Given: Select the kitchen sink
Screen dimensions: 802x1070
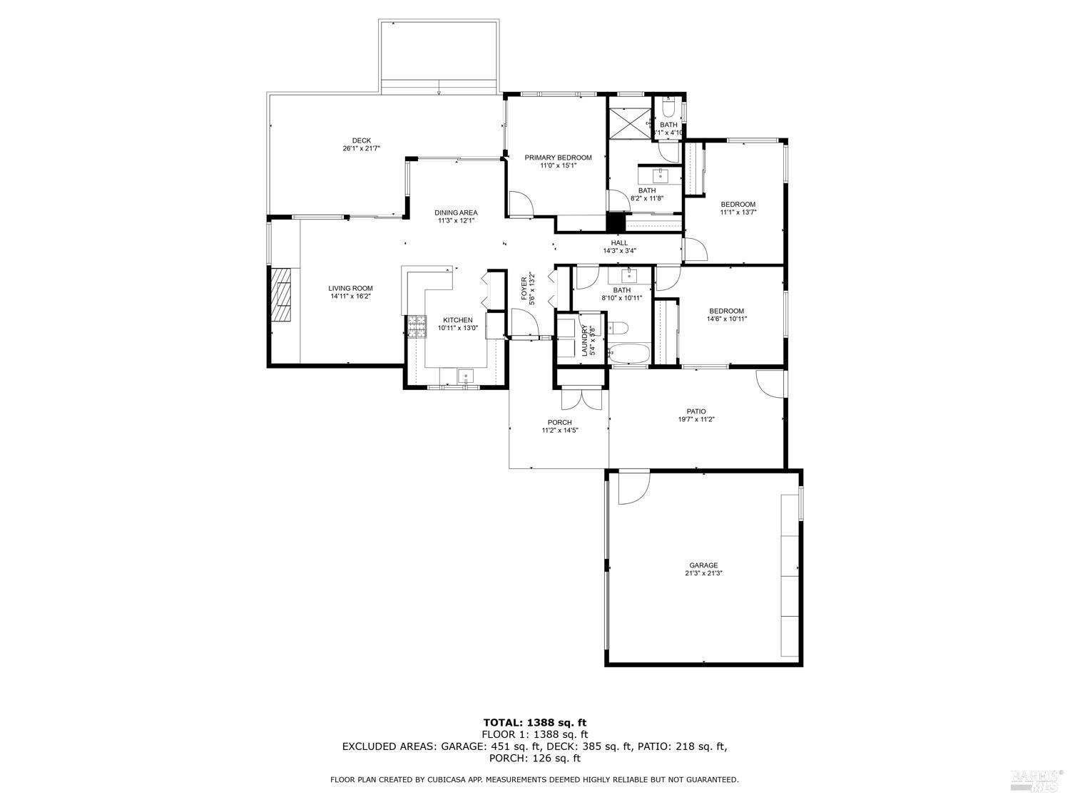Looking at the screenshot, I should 465,376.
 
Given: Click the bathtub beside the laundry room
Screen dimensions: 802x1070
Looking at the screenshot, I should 628,354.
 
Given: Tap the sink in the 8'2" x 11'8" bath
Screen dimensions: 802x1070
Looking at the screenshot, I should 661,174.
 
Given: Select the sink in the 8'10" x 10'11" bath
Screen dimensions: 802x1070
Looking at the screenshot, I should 630,275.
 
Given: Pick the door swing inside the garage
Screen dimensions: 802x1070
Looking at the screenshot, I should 633,488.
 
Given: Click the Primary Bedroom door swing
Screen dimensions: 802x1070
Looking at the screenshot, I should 519,203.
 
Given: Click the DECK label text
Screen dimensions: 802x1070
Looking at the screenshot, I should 361,140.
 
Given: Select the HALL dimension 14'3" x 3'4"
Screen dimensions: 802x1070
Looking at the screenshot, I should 619,250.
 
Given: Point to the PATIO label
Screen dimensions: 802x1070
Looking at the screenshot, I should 696,411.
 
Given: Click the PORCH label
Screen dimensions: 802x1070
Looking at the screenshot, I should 560,422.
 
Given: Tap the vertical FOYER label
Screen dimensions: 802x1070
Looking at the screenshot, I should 524,289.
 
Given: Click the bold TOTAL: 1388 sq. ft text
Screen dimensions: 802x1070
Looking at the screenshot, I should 534,722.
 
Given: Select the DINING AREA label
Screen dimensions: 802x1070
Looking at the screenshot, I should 457,212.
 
